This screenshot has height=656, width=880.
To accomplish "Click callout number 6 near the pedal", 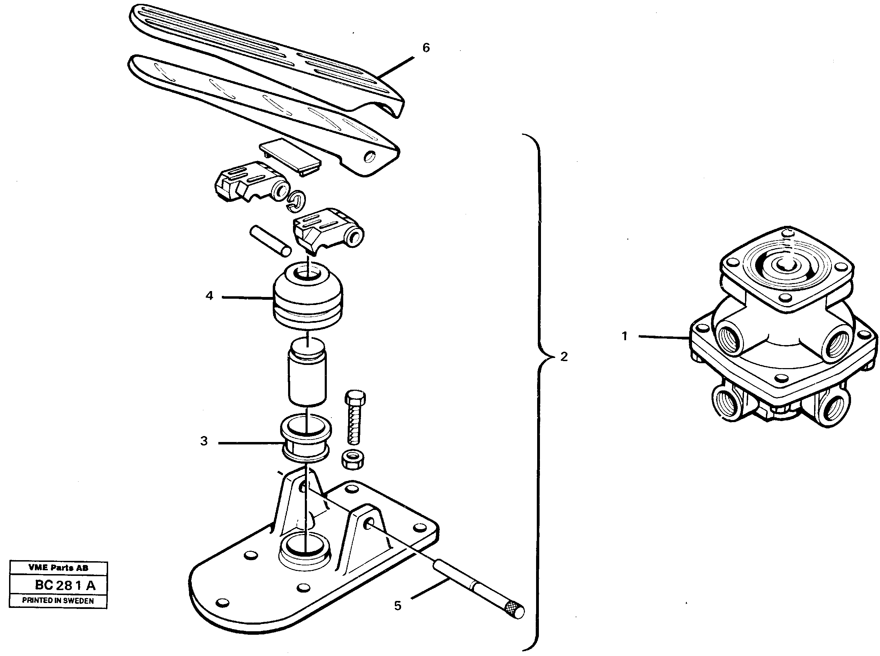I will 426,48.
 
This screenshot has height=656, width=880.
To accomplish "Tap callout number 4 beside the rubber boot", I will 209,296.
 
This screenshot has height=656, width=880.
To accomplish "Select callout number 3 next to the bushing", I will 204,441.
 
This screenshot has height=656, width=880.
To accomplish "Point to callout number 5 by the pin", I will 398,605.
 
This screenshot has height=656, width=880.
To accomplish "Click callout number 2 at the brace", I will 564,357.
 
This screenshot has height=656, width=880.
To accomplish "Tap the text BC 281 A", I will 65,585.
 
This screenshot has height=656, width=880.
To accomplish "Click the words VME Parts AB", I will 58,568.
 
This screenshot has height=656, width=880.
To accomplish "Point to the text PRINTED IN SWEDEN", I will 58,601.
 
